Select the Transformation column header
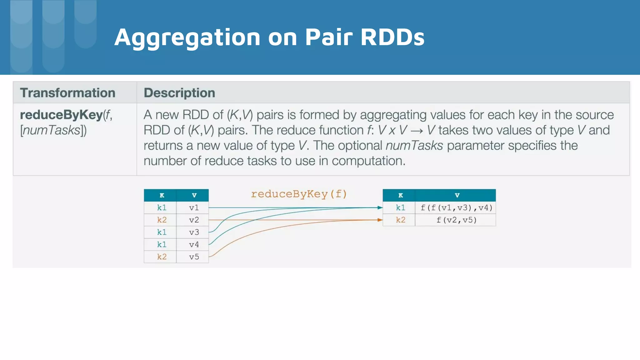click(x=67, y=93)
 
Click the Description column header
click(x=179, y=93)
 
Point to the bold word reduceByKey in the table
click(x=61, y=115)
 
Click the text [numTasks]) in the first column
click(x=53, y=130)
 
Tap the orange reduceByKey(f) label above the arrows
click(x=299, y=194)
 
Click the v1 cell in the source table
click(x=194, y=207)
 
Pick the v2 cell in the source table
click(x=194, y=220)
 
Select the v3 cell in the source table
click(x=194, y=232)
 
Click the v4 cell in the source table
click(x=194, y=244)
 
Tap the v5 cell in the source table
click(x=194, y=257)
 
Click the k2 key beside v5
click(x=162, y=257)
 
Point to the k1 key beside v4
click(x=162, y=244)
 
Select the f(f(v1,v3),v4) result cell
click(x=456, y=207)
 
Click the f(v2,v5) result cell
click(x=456, y=220)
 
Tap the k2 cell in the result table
click(x=400, y=220)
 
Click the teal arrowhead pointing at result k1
click(x=380, y=207)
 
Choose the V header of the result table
click(x=457, y=195)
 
